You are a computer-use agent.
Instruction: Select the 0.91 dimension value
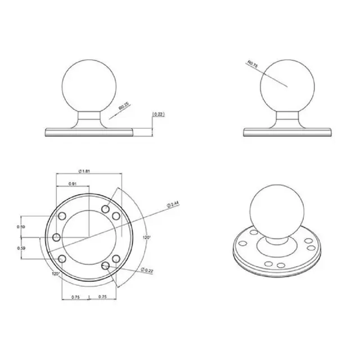73,184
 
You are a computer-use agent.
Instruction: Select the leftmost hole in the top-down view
56,237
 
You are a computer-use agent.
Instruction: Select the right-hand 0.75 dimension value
103,297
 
